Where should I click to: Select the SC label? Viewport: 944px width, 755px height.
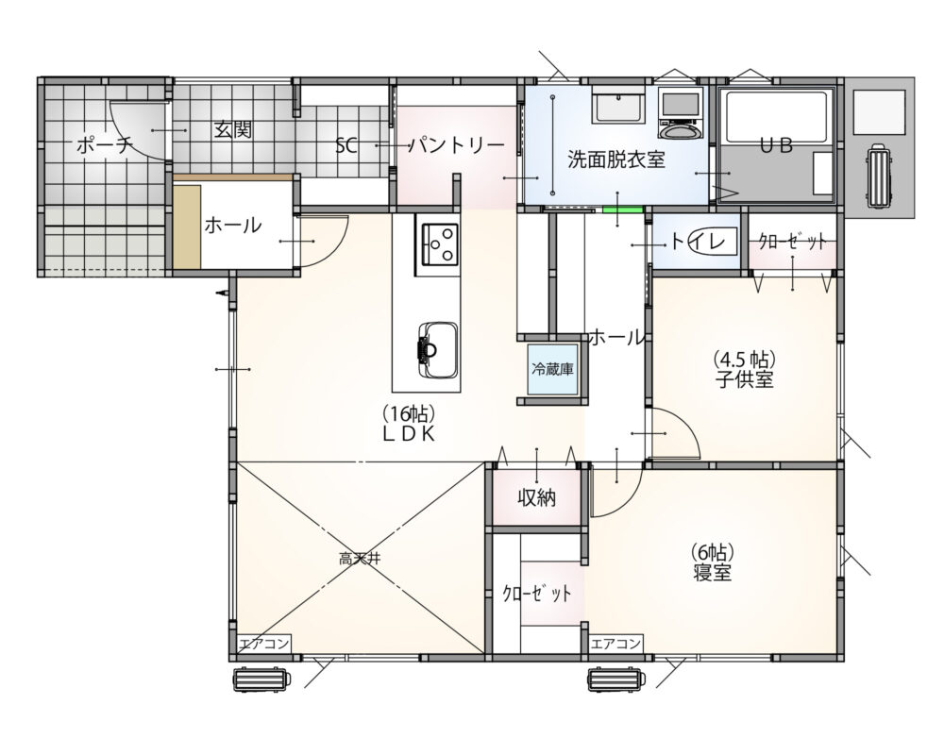point(346,145)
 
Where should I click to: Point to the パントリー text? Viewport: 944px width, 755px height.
point(456,144)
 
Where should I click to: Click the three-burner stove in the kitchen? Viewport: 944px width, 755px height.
point(439,243)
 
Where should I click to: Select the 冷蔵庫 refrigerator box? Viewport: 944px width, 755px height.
point(554,370)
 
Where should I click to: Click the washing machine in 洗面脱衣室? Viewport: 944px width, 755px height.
point(679,110)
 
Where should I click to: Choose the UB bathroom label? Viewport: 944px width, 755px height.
point(776,144)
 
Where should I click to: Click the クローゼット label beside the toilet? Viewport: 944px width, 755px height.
point(792,242)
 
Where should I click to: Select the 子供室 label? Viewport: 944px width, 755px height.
point(744,380)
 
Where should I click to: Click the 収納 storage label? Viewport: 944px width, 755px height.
point(535,497)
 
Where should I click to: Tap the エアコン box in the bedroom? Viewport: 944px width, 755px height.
point(616,644)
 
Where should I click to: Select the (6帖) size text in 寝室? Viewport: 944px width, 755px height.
point(713,550)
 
